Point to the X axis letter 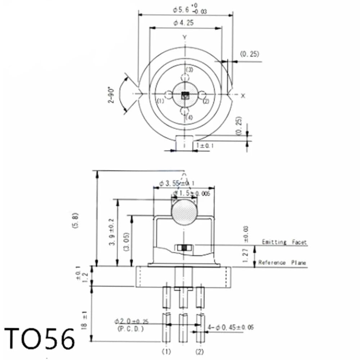click(x=243, y=96)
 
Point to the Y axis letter click(x=184, y=37)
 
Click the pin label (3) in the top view click(x=189, y=69)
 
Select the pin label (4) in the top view click(x=189, y=117)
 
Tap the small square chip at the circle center click(x=185, y=95)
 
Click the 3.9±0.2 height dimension click(x=113, y=232)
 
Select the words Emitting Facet click(x=284, y=242)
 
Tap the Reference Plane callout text click(x=282, y=263)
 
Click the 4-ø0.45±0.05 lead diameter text click(x=231, y=327)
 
